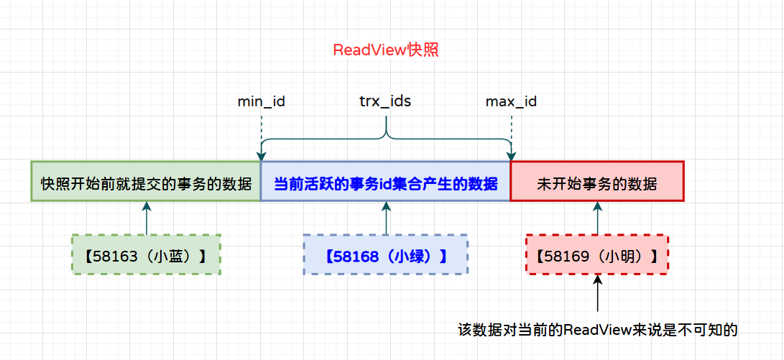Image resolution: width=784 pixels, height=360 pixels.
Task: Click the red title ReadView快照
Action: (x=386, y=50)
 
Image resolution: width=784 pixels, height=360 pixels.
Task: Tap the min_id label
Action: (x=262, y=101)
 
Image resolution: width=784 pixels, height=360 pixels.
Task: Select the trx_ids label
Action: (x=385, y=101)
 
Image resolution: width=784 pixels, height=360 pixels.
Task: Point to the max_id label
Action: (x=511, y=101)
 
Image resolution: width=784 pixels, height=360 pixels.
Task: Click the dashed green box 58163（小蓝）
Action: (x=146, y=254)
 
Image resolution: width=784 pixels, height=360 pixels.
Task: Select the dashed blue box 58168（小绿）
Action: (x=385, y=254)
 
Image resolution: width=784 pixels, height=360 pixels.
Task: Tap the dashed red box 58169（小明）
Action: (x=596, y=254)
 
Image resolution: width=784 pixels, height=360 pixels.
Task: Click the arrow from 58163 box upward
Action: (x=146, y=218)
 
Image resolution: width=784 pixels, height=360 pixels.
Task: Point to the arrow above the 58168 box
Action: (x=386, y=218)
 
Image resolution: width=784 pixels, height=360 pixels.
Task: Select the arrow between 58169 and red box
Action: (x=597, y=218)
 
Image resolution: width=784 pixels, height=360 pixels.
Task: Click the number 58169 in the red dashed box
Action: (x=564, y=254)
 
